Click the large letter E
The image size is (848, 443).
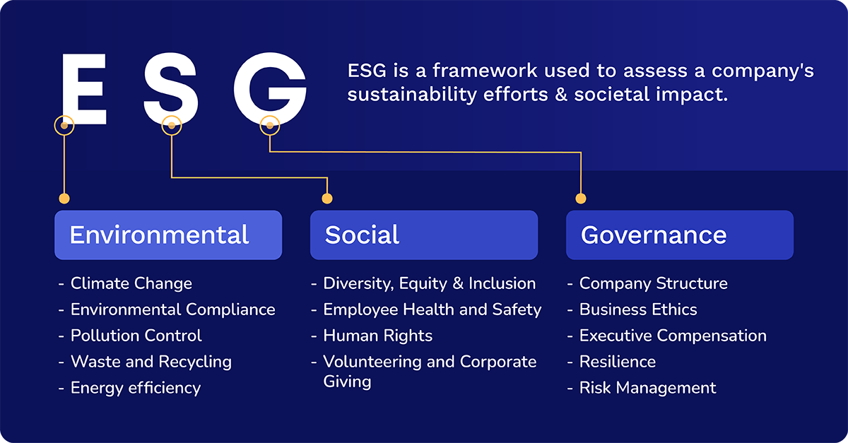coord(83,88)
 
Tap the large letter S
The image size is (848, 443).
coord(170,88)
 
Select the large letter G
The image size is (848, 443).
coord(270,88)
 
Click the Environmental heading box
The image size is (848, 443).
coord(168,235)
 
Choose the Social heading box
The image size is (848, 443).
coord(423,235)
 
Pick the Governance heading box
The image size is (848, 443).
coord(679,235)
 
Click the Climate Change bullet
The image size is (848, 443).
coord(131,283)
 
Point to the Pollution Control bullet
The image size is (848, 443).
coord(136,336)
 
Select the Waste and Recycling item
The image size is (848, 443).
coord(151,362)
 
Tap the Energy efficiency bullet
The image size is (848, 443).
coord(135,388)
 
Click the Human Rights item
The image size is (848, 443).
coord(377,336)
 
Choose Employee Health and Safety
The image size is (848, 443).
coord(432,309)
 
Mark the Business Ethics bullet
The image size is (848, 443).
coord(637,309)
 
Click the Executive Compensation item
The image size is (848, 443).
coord(672,336)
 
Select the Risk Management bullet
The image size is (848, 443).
coord(647,388)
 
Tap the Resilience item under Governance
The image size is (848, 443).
coord(617,362)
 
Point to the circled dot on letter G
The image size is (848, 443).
coord(269,126)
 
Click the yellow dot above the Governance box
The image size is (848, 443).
coord(581,199)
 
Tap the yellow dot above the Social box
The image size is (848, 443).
coord(326,199)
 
